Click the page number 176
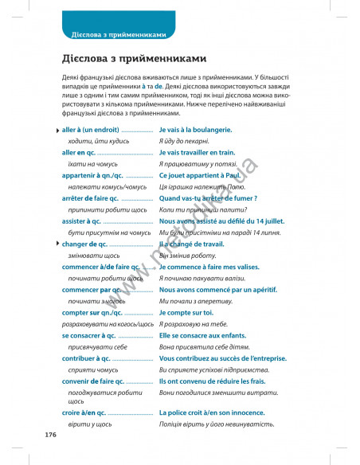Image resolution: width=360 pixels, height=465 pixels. tap(49, 434)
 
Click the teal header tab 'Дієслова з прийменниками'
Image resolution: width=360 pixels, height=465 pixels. tap(118, 34)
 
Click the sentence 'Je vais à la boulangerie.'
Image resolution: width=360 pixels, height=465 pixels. tap(195, 129)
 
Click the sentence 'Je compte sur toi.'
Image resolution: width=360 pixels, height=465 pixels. tap(186, 313)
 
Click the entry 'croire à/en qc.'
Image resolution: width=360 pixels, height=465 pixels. tap(83, 413)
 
